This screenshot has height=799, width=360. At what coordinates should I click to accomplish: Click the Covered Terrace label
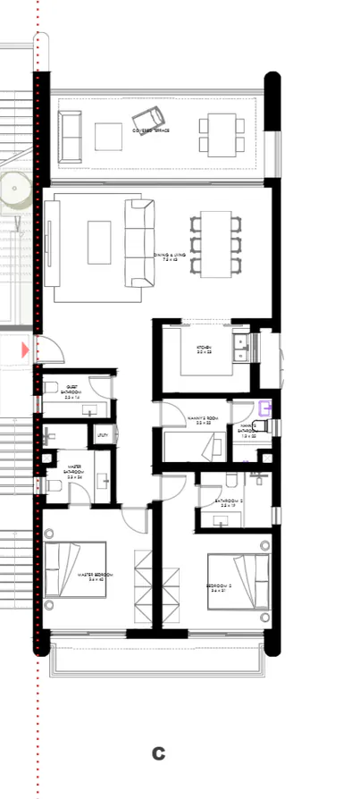pos(151,130)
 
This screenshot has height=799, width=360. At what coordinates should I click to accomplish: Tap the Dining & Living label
pos(172,257)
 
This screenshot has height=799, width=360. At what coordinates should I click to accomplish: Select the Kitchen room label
pos(203,351)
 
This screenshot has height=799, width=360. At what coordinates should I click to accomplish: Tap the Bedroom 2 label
pos(219,588)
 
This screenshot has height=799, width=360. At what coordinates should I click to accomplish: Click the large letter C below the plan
pos(158,753)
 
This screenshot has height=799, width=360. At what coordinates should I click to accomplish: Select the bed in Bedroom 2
pos(239,581)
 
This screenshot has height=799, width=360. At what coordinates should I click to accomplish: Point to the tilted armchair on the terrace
pos(148,117)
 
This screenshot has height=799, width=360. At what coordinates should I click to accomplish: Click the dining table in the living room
pos(216,243)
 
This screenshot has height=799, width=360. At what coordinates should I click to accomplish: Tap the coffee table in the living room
pos(99,242)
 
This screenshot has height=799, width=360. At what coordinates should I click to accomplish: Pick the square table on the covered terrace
pos(108,136)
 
